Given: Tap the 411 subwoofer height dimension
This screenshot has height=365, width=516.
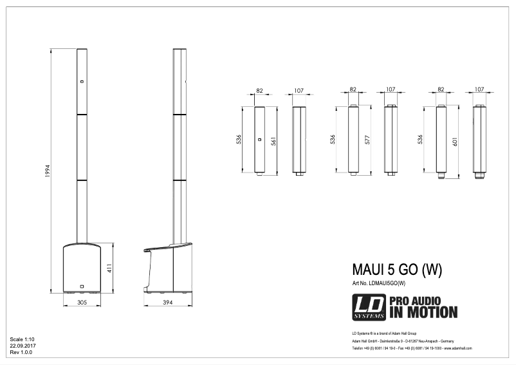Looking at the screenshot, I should tap(109, 267).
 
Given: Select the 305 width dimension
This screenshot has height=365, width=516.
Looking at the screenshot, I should tap(82, 301).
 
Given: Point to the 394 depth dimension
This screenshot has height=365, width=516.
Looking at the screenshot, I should tap(167, 301).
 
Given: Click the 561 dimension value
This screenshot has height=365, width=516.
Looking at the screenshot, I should tap(273, 142).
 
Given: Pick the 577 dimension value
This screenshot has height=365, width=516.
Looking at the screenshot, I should tap(368, 142).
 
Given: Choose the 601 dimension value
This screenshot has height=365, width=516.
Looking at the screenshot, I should tap(456, 142).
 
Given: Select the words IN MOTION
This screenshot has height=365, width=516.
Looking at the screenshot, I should tap(423, 314).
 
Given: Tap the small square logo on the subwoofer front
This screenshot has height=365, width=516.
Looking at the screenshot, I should tap(82, 286).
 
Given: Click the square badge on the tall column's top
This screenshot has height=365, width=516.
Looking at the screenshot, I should tap(82, 82).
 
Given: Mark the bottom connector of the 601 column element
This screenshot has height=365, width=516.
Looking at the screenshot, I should tap(441, 174).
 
